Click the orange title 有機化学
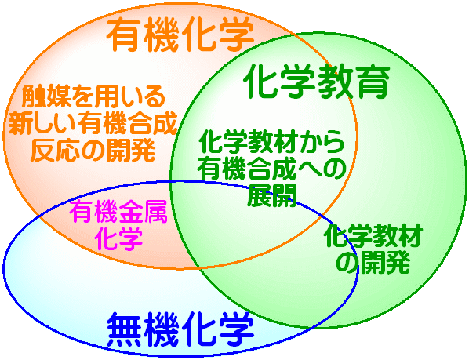(x=180, y=35)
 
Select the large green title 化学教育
(x=317, y=82)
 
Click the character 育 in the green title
(x=373, y=82)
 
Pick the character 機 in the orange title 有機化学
(x=162, y=35)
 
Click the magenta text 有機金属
(x=118, y=212)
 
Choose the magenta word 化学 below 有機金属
(x=118, y=238)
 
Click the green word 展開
(x=271, y=196)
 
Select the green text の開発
(x=373, y=262)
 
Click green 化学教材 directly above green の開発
(x=373, y=235)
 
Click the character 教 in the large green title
(x=336, y=82)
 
